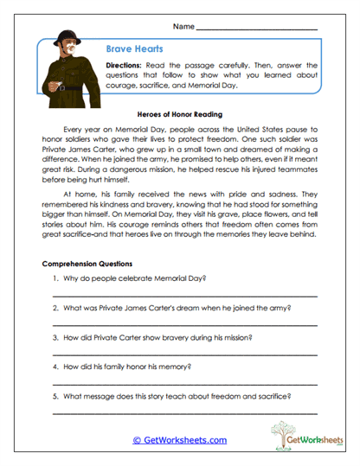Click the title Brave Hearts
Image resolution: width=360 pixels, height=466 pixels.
click(x=130, y=50)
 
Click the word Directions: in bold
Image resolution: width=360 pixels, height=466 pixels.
click(x=128, y=67)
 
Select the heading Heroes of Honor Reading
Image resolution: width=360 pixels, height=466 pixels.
click(x=179, y=113)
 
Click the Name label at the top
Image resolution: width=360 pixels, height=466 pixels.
click(x=183, y=28)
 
